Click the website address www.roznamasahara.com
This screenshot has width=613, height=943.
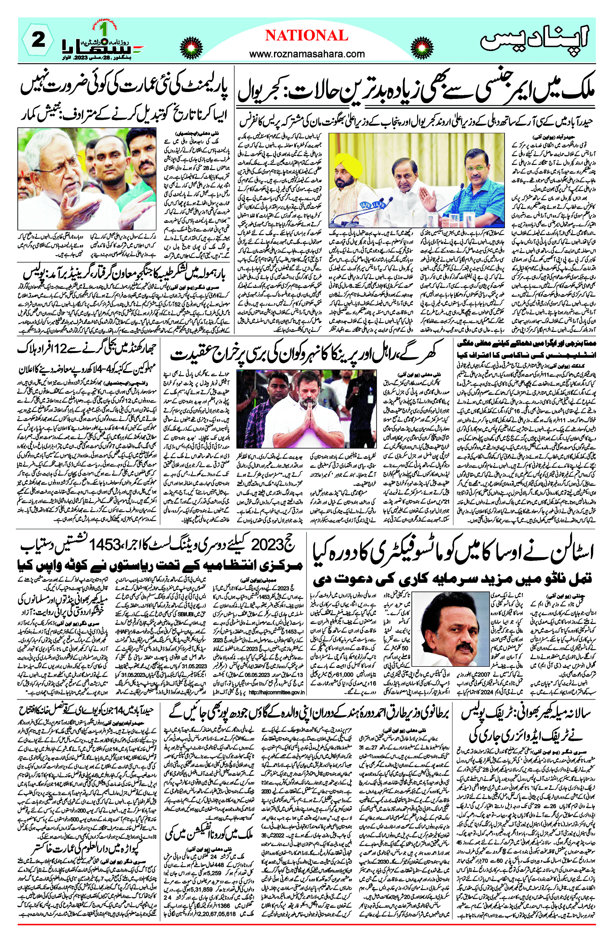pyautogui.click(x=307, y=53)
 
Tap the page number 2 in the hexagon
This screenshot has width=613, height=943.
pyautogui.click(x=38, y=40)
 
